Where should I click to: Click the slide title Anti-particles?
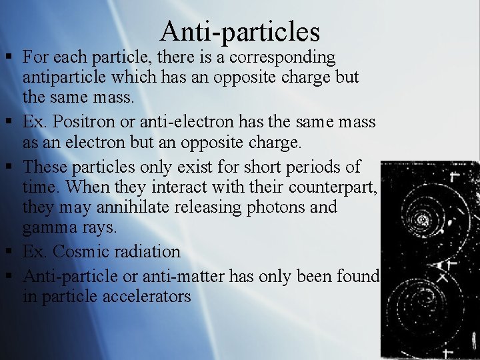240,31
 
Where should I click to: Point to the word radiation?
150,252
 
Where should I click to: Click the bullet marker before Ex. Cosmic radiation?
11,252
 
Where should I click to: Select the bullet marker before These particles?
11,166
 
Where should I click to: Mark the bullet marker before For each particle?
11,58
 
